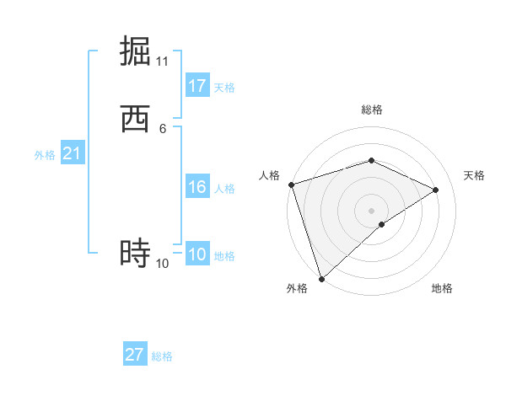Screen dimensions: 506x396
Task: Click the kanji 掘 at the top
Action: [136, 50]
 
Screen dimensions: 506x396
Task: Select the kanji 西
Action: [136, 119]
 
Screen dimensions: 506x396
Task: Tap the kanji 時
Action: [136, 252]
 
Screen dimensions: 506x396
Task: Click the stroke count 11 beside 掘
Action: [163, 62]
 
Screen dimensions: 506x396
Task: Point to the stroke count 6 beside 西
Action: [163, 129]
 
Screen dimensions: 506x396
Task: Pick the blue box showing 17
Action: [197, 86]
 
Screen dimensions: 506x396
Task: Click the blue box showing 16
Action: [197, 187]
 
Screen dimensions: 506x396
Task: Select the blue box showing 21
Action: [72, 153]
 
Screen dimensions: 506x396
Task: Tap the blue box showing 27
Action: [135, 355]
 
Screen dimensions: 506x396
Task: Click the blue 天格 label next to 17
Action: [224, 88]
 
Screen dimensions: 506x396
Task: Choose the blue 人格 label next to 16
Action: [224, 189]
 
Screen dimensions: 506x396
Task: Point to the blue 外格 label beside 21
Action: [45, 155]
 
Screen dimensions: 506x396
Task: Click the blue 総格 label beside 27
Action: [162, 356]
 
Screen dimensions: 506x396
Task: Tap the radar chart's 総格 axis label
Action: [371, 110]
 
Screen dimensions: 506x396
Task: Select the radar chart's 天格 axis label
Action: [474, 175]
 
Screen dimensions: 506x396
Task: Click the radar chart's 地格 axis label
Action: [442, 289]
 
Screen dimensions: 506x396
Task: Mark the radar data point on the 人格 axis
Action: [291, 185]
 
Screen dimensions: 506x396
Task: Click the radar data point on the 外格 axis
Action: [321, 278]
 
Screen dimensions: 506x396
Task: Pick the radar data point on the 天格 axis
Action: [436, 190]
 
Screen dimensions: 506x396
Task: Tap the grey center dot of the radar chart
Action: [371, 211]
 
